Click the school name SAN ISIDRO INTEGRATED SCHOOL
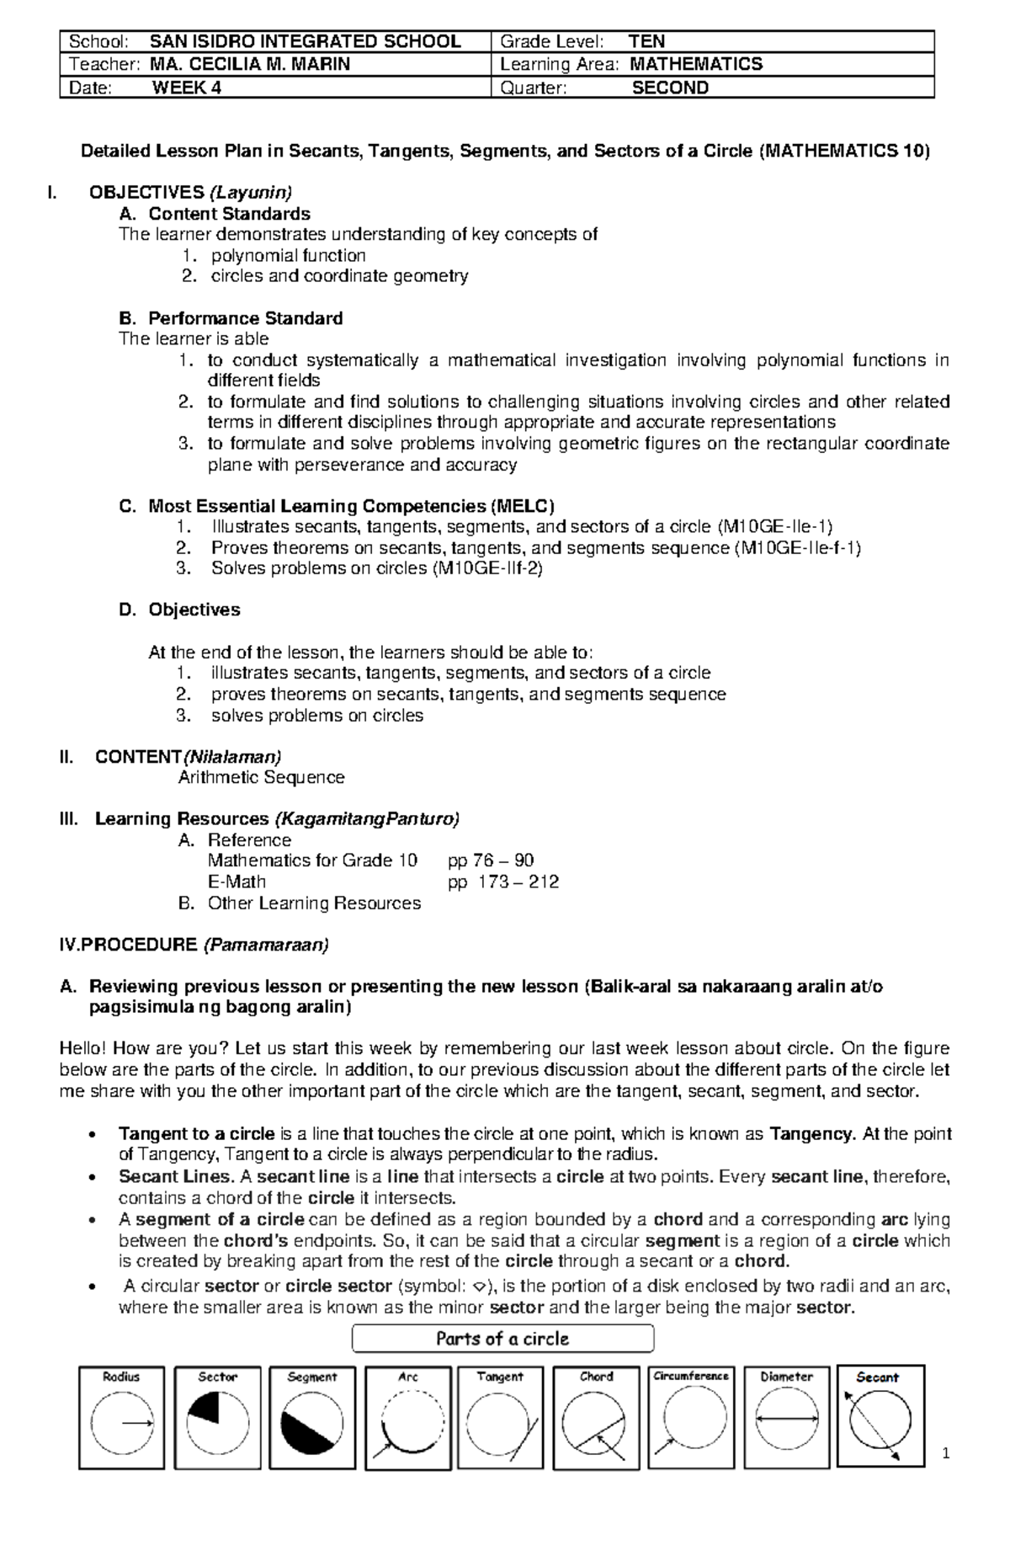click(x=305, y=41)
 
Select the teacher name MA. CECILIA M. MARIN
click(x=250, y=64)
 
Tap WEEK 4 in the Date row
click(x=187, y=88)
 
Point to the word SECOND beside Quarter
click(x=670, y=88)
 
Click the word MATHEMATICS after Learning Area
click(x=696, y=64)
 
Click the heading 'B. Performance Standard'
click(x=231, y=318)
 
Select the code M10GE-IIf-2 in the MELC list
click(x=487, y=568)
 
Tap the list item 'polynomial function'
click(x=288, y=255)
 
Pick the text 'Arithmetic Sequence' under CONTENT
click(x=261, y=777)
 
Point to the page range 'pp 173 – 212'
click(x=502, y=882)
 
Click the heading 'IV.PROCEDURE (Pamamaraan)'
click(x=194, y=945)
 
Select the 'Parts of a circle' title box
click(x=502, y=1339)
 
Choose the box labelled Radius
click(x=121, y=1417)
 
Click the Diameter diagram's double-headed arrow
click(x=786, y=1419)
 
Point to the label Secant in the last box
click(x=877, y=1377)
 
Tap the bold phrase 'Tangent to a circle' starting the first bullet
click(x=196, y=1133)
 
